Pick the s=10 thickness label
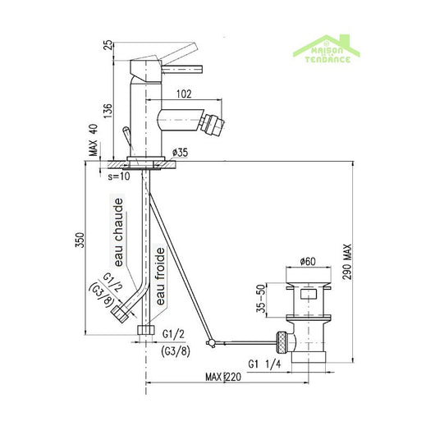(x=121, y=175)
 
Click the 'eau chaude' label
(x=118, y=232)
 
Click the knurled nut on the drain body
(x=281, y=337)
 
